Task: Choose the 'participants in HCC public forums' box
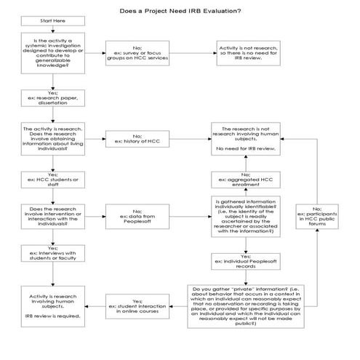click(315, 216)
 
